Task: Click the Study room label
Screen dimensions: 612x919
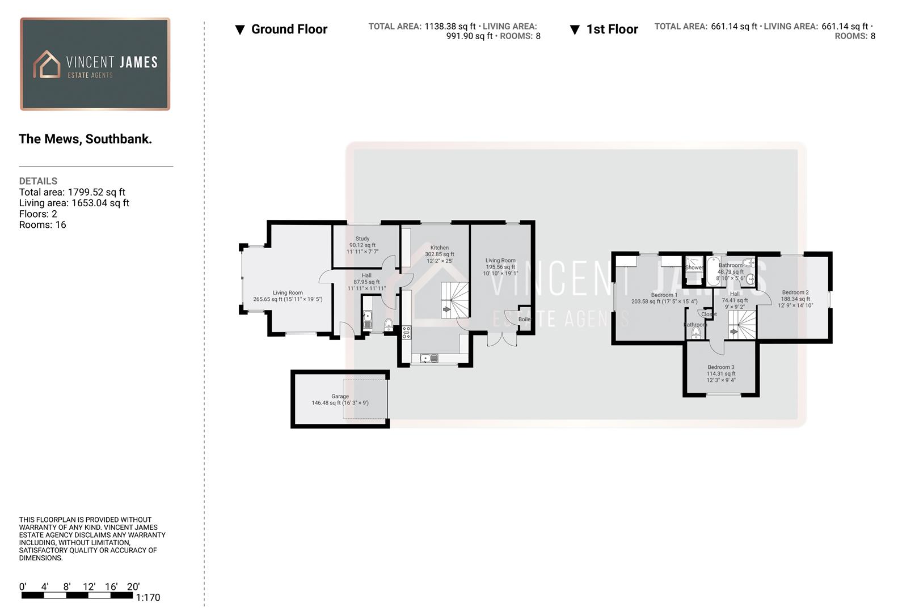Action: [362, 239]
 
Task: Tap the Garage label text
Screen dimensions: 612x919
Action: [340, 397]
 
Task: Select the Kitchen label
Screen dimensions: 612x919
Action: [439, 248]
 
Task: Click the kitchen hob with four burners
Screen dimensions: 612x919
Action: [406, 333]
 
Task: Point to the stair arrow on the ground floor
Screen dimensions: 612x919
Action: [446, 309]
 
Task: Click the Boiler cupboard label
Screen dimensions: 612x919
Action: [524, 320]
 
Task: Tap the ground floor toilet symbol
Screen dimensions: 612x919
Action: [389, 324]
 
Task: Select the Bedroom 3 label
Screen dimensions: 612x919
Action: [720, 367]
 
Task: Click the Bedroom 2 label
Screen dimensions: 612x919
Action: [795, 292]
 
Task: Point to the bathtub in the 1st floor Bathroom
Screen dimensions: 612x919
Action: [713, 273]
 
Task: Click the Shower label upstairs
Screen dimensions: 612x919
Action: [694, 267]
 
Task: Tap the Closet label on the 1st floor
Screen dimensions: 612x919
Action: [709, 314]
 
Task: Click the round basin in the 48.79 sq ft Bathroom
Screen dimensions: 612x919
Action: [751, 278]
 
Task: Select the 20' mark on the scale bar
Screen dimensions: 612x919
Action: [133, 587]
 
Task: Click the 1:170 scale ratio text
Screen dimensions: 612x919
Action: [148, 597]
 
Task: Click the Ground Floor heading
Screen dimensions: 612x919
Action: [289, 29]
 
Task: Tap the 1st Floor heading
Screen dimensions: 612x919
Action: [612, 29]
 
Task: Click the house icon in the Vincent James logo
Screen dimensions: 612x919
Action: [47, 65]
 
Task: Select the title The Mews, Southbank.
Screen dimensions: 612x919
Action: [85, 139]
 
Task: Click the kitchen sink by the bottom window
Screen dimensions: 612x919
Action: [429, 358]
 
